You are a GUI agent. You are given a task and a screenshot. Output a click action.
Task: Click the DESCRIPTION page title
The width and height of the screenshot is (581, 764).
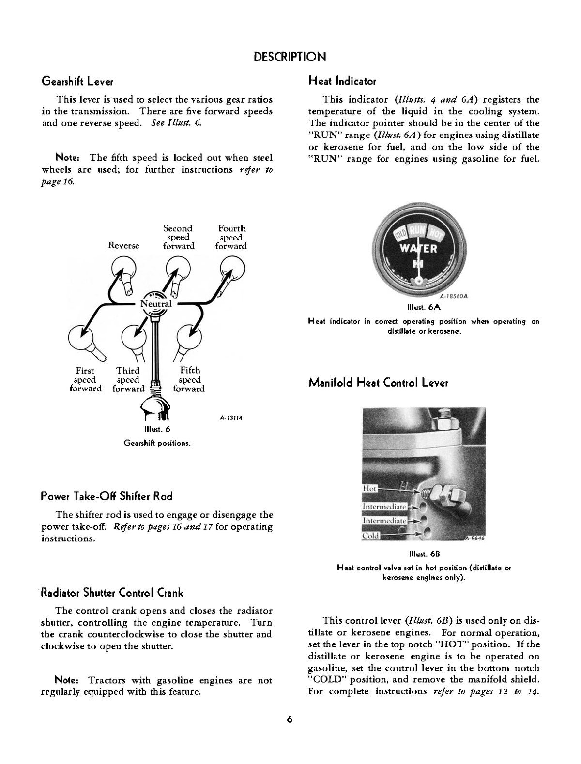click(x=290, y=57)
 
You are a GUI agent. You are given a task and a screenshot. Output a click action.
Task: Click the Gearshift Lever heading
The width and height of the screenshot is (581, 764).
click(x=77, y=81)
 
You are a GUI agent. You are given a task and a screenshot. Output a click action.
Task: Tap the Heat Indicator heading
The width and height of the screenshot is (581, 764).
click(x=342, y=81)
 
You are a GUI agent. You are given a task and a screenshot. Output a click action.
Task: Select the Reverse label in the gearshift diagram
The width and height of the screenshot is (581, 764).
click(x=123, y=246)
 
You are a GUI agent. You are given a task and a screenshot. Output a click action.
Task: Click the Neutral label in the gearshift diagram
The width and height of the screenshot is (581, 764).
click(x=156, y=304)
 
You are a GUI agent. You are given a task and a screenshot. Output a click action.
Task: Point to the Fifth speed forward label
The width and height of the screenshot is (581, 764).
click(x=189, y=380)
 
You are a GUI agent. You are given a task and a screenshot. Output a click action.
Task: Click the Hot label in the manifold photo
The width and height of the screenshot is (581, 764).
click(x=370, y=489)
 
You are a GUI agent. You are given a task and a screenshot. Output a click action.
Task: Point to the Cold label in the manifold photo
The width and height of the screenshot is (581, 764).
click(x=370, y=536)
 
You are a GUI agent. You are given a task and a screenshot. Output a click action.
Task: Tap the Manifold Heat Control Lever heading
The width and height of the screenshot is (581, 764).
click(x=378, y=383)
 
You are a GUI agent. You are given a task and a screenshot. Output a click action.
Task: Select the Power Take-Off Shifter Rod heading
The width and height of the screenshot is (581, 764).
click(x=107, y=496)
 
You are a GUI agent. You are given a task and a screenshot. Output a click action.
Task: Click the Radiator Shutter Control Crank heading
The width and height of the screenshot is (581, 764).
click(x=112, y=593)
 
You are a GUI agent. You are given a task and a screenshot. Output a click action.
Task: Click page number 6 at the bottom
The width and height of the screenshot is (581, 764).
click(x=290, y=719)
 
